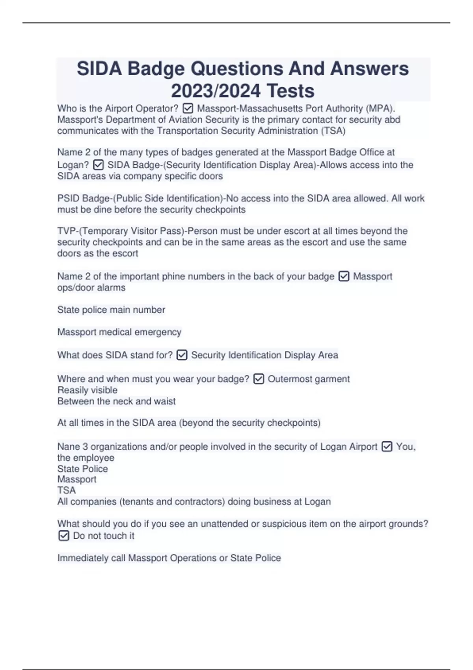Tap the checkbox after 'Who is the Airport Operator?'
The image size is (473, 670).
click(188, 108)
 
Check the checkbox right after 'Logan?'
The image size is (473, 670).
click(98, 165)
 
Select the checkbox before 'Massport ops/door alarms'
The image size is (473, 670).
click(344, 277)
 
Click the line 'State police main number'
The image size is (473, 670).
click(111, 310)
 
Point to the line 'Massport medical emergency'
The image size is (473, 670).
click(119, 332)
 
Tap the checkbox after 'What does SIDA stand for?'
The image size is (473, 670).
click(182, 355)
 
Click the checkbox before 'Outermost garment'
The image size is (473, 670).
click(259, 379)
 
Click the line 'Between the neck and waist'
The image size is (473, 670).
click(116, 401)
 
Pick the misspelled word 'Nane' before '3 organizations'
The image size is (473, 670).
click(68, 447)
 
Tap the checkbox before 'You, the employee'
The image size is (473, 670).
click(387, 447)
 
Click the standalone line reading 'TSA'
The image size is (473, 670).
click(66, 490)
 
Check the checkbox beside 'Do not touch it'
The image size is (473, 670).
click(63, 536)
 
